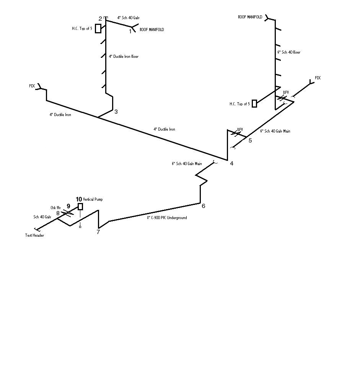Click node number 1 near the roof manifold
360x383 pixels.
click(x=130, y=31)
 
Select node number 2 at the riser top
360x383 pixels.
click(x=100, y=19)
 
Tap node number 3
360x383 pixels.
click(x=116, y=112)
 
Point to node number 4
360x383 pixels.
click(x=231, y=164)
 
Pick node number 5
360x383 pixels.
click(x=250, y=141)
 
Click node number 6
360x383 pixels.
click(x=204, y=206)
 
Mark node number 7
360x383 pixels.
click(x=98, y=232)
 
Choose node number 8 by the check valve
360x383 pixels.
click(x=58, y=213)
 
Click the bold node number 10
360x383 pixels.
click(x=79, y=199)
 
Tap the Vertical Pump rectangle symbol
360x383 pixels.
click(x=80, y=207)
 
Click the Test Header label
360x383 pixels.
click(x=34, y=236)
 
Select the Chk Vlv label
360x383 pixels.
click(x=55, y=208)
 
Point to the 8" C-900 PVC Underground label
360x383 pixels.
click(x=167, y=218)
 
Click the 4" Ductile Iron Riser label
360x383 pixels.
click(x=123, y=57)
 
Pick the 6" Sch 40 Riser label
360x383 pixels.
click(x=288, y=52)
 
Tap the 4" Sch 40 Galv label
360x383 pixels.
click(x=125, y=18)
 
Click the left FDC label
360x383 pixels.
click(x=32, y=86)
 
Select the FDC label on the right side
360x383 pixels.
click(x=318, y=78)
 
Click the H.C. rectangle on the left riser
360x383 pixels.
click(x=98, y=28)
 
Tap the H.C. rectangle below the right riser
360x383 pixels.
click(x=254, y=103)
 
